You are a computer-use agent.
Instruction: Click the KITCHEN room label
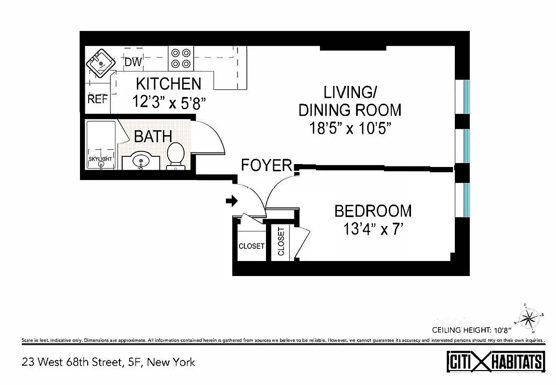[168, 83]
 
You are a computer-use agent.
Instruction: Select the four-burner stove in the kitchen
[180, 58]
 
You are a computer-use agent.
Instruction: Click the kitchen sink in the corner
[100, 63]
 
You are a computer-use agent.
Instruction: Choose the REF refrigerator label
[97, 99]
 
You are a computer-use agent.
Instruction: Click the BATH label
[153, 137]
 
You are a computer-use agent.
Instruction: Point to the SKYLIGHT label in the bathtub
[100, 159]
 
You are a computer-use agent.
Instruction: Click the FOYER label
[266, 165]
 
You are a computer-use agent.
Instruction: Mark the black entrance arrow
[232, 200]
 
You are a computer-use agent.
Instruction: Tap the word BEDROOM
[373, 211]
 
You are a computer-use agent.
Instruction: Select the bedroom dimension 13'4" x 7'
[373, 229]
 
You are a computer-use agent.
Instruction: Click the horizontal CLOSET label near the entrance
[252, 246]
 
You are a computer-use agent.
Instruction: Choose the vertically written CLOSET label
[281, 241]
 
